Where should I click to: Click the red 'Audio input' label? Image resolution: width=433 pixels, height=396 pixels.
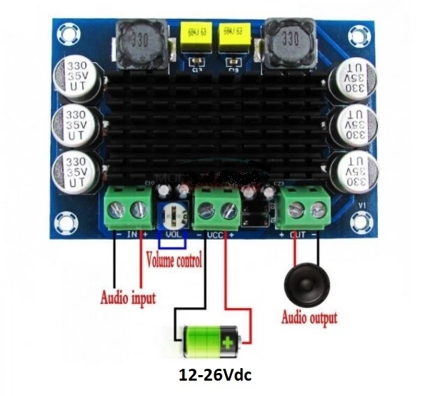tap(128, 298)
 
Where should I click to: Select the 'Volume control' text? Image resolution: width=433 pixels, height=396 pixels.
tap(174, 262)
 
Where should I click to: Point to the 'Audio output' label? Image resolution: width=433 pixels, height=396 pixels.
tap(309, 319)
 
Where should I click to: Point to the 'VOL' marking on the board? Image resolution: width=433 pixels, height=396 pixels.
tap(173, 234)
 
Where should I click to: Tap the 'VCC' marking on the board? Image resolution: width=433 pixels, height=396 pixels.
tap(216, 235)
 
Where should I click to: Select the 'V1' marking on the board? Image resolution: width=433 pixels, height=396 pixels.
tap(360, 205)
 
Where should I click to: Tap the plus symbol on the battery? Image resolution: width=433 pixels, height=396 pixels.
tap(228, 342)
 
